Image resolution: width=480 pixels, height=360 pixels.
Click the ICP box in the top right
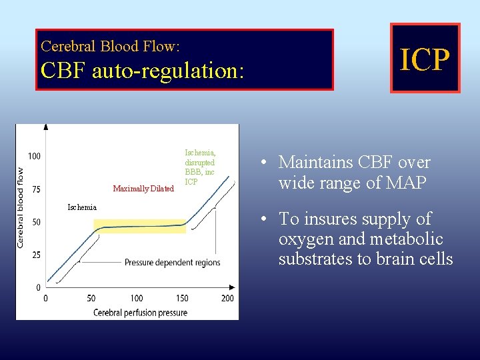click(x=425, y=59)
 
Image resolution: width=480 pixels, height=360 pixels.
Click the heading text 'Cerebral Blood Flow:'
click(x=110, y=46)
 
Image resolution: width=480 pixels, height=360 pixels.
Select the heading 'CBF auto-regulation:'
click(x=142, y=70)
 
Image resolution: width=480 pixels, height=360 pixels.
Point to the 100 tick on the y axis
click(x=34, y=156)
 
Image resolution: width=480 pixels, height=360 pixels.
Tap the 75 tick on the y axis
click(x=36, y=189)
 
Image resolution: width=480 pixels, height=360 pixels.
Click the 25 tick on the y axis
click(x=36, y=255)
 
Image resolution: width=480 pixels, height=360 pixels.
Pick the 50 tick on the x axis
click(x=91, y=298)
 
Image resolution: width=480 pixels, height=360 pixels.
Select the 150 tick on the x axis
click(x=182, y=298)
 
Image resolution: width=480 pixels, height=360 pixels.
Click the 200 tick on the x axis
click(x=227, y=298)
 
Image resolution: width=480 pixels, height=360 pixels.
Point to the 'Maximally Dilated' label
click(x=143, y=189)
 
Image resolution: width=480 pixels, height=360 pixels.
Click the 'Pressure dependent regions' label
click(x=172, y=262)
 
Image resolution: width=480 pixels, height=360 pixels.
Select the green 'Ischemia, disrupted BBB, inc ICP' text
click(x=200, y=167)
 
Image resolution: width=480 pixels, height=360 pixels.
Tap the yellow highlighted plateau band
click(x=139, y=226)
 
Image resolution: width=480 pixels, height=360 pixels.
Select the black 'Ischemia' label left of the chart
click(x=82, y=207)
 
